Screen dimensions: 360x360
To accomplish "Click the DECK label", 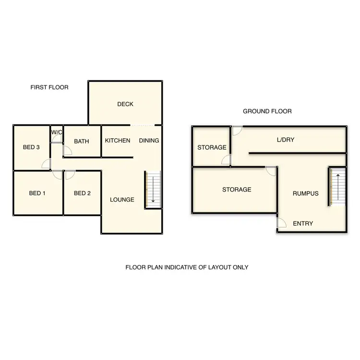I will click(x=125, y=104).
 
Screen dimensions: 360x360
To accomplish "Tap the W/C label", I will click(x=57, y=132).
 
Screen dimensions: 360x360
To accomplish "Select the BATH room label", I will click(x=82, y=141).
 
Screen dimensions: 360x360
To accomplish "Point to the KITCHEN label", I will click(x=118, y=141).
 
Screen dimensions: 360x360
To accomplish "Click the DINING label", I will click(x=149, y=141).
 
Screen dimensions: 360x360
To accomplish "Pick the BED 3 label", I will click(x=31, y=147).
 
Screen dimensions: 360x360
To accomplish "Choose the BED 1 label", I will click(x=37, y=193).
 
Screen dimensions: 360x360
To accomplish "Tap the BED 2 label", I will click(x=82, y=193).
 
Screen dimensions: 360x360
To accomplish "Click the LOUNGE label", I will click(x=122, y=200).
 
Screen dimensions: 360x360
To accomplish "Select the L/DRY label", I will click(x=285, y=140).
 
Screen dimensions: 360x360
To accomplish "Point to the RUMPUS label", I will click(x=306, y=193).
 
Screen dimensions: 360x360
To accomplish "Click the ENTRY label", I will click(x=303, y=223).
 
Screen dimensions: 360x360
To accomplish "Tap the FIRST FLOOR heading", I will click(x=49, y=87).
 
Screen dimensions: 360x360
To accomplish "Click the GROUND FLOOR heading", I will click(x=267, y=111).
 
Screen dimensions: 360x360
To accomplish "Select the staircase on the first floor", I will click(x=153, y=190).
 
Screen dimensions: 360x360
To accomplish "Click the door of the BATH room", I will click(x=67, y=151).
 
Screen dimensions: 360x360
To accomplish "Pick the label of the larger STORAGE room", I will click(x=237, y=190).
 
